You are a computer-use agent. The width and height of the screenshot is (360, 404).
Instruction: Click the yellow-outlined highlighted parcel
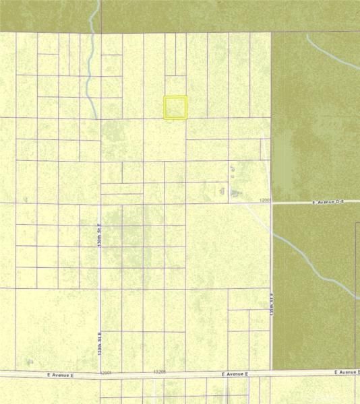click(175, 108)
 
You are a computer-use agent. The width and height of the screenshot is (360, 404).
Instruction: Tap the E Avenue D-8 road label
click(328, 202)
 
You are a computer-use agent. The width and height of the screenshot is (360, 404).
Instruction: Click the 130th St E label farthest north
click(98, 235)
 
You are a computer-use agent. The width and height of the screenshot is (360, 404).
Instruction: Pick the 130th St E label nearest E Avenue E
click(98, 343)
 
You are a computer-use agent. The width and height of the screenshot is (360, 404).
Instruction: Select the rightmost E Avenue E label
click(348, 372)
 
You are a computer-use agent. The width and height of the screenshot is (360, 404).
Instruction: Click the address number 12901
click(105, 372)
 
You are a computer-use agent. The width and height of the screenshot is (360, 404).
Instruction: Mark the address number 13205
click(159, 372)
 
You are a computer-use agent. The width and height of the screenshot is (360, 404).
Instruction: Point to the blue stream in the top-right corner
click(330, 50)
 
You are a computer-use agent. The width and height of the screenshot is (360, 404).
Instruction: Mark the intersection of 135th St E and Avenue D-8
click(272, 202)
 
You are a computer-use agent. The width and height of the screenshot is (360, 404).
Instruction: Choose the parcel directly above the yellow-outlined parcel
click(175, 85)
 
